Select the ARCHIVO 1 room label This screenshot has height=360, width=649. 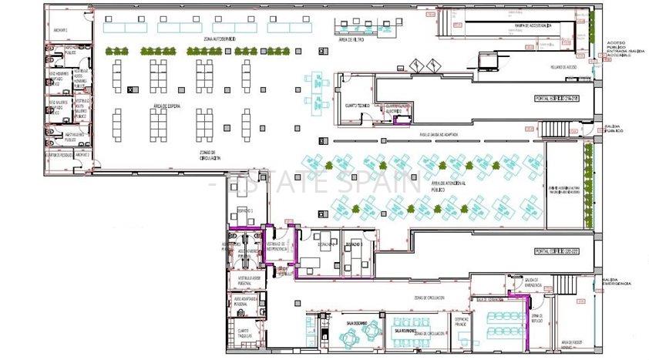tap(61, 31)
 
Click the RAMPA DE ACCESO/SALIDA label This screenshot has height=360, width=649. tap(533, 25)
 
